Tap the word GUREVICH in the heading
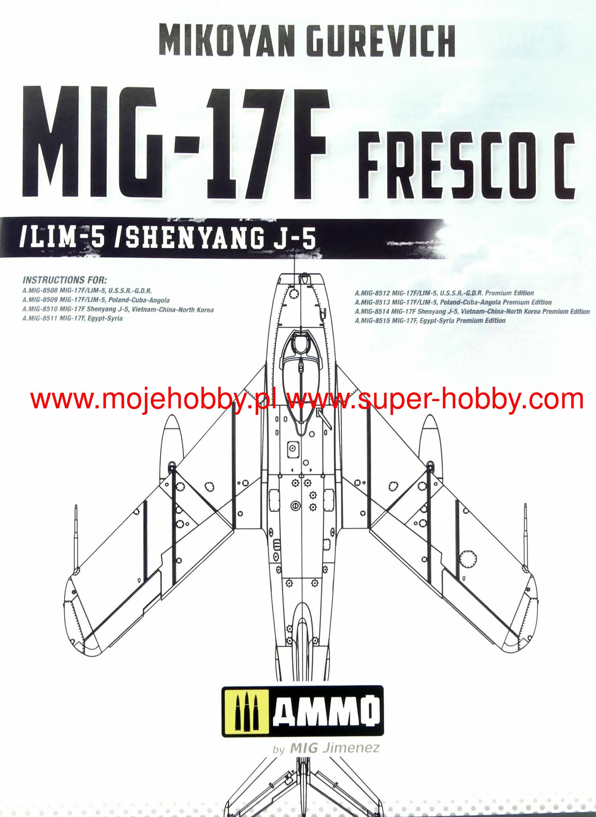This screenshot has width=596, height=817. coord(383,41)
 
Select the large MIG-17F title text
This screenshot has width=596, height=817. coord(176,144)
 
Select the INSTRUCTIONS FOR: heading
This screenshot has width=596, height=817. coord(65,280)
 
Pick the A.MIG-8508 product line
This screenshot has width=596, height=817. coord(87,291)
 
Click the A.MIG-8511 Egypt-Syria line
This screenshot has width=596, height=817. coord(72,318)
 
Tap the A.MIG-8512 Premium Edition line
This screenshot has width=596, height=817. coord(444,293)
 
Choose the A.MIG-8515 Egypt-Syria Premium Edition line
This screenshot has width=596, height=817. coord(430,321)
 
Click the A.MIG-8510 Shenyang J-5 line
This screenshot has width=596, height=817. coord(118,310)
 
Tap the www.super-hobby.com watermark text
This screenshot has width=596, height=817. coord(435,400)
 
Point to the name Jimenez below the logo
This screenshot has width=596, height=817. coord(351,748)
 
